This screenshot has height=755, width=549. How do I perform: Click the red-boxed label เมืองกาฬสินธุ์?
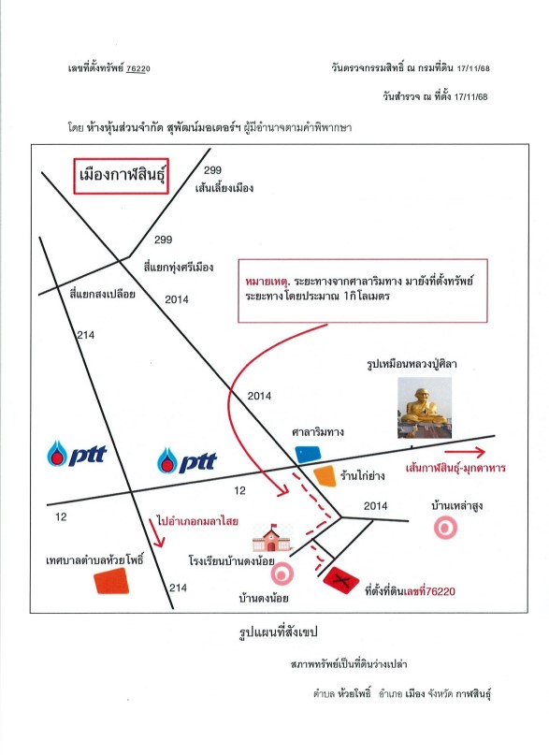121,176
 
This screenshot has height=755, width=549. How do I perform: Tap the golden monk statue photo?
425,408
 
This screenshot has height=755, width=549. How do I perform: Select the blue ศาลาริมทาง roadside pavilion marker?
308,454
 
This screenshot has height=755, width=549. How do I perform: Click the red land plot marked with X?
340,580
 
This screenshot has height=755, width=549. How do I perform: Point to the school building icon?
272,538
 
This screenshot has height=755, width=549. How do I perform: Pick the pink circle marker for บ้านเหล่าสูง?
445,528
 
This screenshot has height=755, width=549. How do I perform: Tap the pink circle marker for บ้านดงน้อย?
282,574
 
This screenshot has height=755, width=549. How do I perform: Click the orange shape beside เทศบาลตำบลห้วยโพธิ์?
111,581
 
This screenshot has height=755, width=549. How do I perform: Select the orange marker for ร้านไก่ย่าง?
325,476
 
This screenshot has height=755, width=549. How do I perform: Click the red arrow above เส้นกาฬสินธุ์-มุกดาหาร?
465,452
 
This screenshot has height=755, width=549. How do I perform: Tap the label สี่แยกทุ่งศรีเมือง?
179,268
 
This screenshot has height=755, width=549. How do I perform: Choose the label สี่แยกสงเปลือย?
103,294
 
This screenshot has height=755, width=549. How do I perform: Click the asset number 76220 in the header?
138,68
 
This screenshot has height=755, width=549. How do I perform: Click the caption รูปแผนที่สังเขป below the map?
278,632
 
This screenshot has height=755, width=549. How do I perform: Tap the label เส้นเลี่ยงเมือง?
224,188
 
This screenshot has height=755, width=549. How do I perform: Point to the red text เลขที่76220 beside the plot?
429,591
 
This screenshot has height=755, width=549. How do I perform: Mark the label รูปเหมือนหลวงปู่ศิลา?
412,364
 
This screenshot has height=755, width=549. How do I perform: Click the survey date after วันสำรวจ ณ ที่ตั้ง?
470,96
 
